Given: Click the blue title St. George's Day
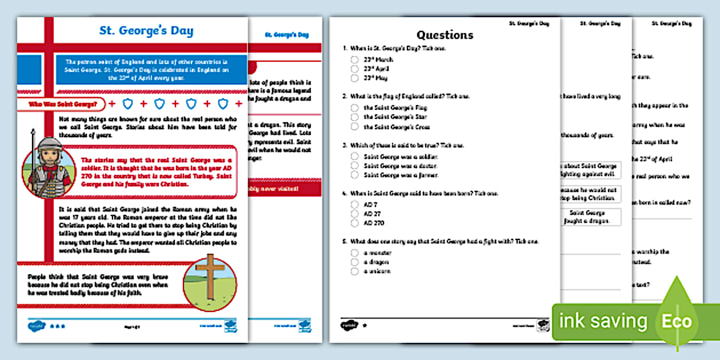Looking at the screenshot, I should pyautogui.click(x=146, y=31).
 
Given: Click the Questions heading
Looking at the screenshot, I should pyautogui.click(x=445, y=35).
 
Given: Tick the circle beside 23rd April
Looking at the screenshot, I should pyautogui.click(x=355, y=69).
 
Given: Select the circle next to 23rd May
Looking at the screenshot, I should pyautogui.click(x=355, y=78).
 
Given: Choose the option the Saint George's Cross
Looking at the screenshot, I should pyautogui.click(x=355, y=127).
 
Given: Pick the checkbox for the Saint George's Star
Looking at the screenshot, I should pyautogui.click(x=355, y=117).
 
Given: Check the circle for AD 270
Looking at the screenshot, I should pyautogui.click(x=355, y=223).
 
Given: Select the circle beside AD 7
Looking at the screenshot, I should pyautogui.click(x=355, y=204).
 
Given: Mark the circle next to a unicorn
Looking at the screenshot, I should pyautogui.click(x=355, y=271).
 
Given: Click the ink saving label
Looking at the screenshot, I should pyautogui.click(x=603, y=322).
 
